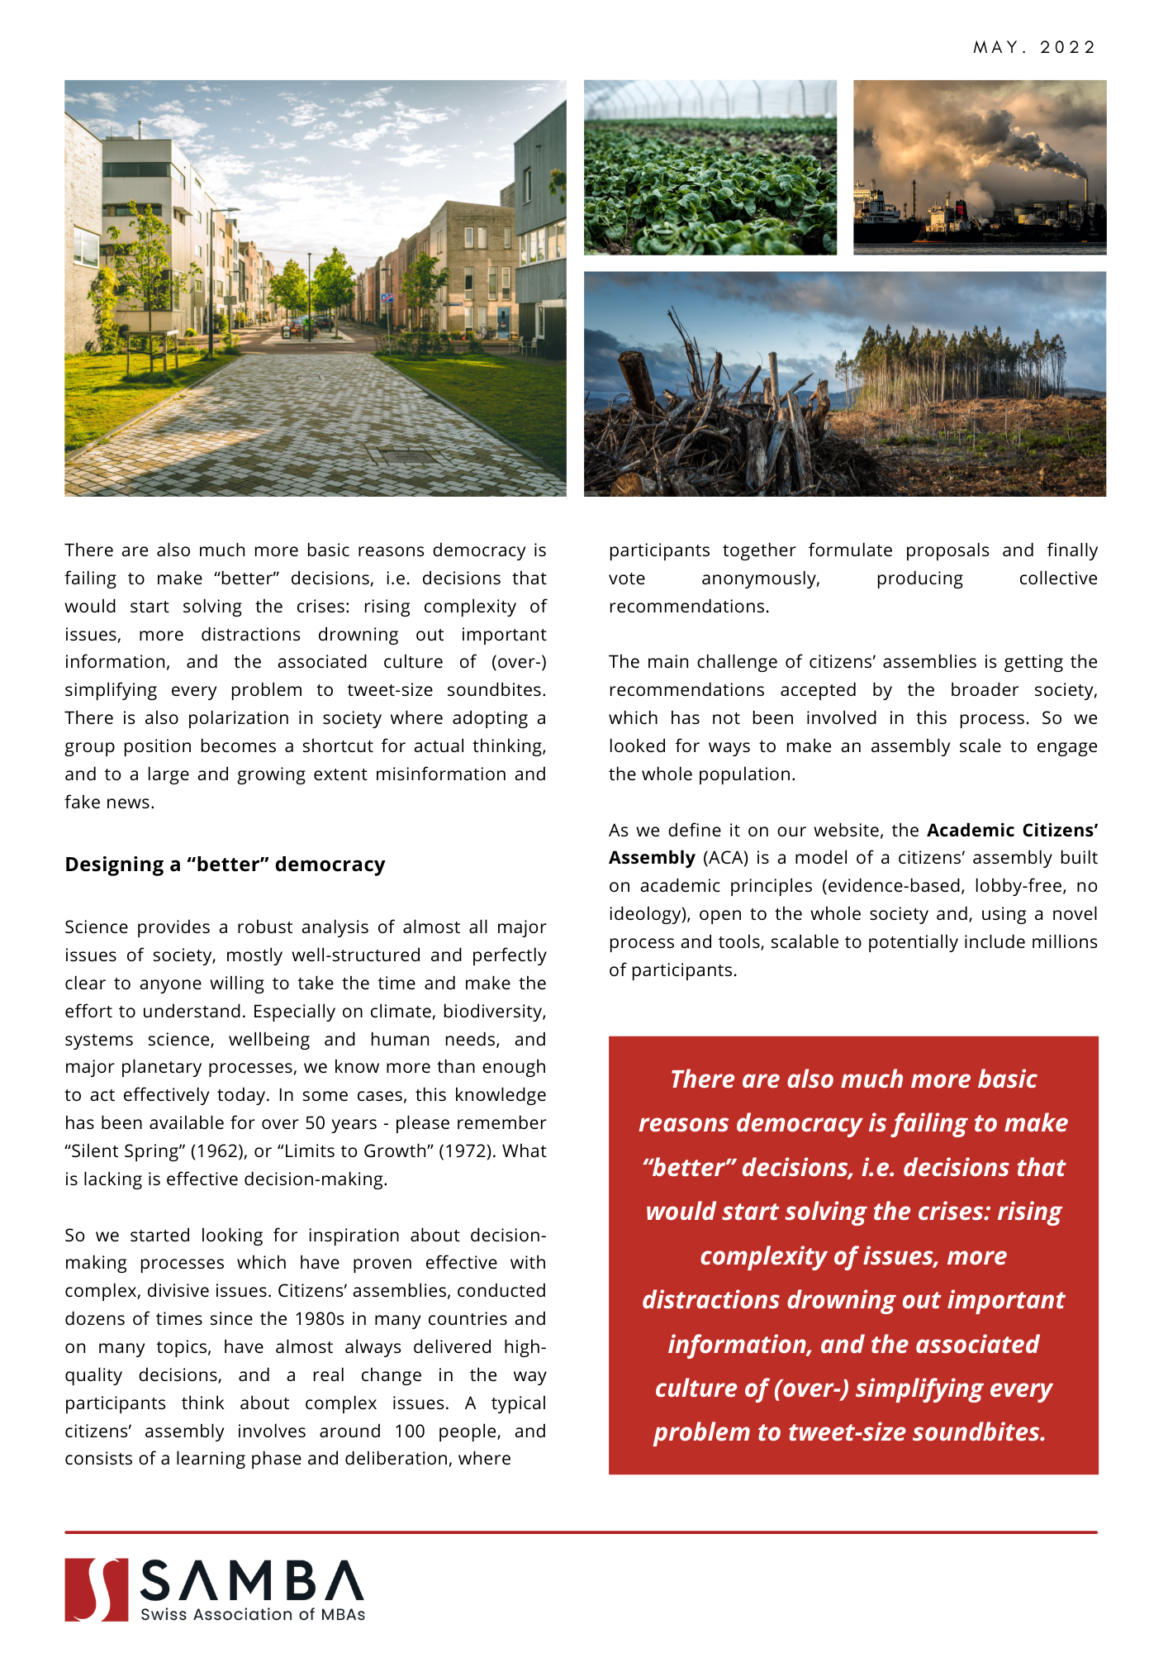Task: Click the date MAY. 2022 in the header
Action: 1033,47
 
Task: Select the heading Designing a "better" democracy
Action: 225,865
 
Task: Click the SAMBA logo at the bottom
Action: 215,1589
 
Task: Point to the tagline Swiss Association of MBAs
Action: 253,1614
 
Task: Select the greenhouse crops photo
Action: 710,167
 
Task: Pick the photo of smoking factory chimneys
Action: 979,167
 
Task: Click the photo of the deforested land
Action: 844,383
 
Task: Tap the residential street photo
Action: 315,288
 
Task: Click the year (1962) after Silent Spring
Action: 216,1150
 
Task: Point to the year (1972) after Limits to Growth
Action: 464,1150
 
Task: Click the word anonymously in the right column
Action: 760,579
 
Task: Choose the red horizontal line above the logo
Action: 581,1532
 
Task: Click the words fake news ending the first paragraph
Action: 108,802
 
